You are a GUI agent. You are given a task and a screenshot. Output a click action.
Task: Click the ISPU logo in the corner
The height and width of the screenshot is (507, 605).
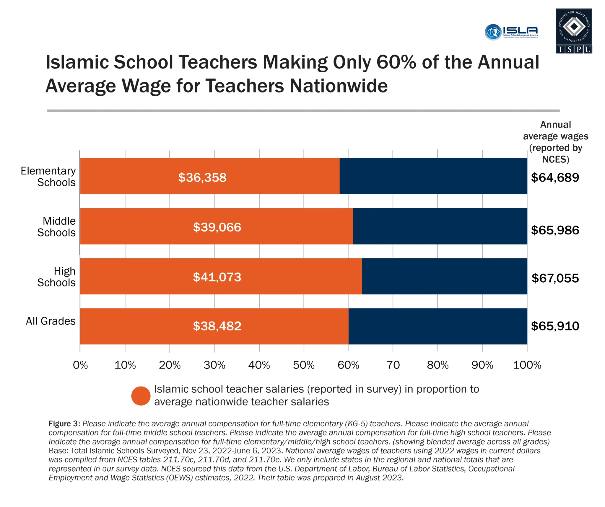pos(574,31)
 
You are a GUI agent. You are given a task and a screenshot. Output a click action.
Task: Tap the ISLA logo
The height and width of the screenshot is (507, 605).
pos(511,32)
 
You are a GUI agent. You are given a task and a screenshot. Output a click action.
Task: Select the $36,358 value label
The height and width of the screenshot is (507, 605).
pos(202,177)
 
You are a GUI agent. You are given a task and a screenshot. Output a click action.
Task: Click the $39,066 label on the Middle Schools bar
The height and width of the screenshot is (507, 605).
pos(217,227)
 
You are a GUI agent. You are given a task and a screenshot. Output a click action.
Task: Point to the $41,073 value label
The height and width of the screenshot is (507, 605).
pos(217,277)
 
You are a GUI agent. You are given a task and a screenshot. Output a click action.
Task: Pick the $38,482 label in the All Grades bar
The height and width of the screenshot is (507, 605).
pos(217,326)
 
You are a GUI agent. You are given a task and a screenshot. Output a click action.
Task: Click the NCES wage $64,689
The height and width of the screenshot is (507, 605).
pos(555,177)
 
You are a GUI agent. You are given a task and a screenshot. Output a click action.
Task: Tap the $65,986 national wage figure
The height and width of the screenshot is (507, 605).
pos(555,230)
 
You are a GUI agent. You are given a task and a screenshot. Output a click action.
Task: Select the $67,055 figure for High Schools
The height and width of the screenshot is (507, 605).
pos(555,278)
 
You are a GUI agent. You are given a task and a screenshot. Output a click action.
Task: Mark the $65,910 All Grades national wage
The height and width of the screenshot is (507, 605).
pos(555,326)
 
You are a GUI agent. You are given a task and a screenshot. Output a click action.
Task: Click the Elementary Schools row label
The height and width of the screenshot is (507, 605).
pos(48,177)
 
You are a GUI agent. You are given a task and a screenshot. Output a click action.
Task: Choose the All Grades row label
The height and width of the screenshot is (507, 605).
pos(51,321)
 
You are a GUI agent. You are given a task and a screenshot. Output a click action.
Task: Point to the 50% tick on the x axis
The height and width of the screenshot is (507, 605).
pos(303,365)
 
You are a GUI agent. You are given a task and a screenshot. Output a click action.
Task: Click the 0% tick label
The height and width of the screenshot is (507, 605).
pos(80,365)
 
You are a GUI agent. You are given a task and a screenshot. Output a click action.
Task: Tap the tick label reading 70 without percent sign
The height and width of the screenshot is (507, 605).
pos(393,365)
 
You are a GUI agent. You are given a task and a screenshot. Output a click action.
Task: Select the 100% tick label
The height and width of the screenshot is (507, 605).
pos(527,365)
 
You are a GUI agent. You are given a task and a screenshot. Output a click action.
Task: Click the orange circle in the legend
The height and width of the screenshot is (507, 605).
pos(141,396)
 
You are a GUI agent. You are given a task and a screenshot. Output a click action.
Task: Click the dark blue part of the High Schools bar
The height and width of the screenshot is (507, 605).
pos(444,276)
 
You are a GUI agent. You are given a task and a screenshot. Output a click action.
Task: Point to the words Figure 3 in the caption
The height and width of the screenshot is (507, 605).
pos(64,424)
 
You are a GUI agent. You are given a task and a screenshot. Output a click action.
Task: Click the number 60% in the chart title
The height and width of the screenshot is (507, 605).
pos(396,62)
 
